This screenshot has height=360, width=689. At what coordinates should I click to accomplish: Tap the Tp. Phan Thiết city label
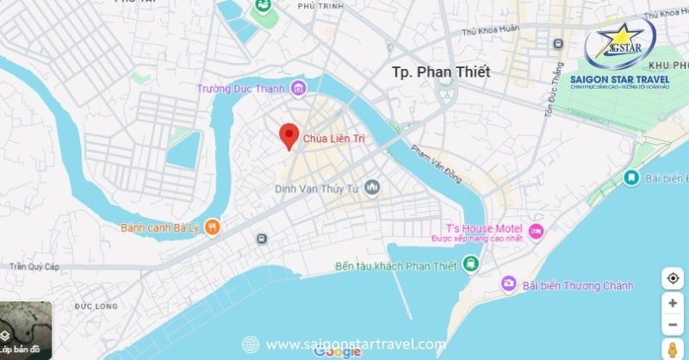(x=440, y=72)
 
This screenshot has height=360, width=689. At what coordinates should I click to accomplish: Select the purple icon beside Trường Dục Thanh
(x=298, y=88)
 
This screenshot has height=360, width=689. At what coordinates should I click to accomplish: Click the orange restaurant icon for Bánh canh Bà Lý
(x=213, y=227)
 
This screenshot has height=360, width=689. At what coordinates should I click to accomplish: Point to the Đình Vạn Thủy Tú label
(x=316, y=188)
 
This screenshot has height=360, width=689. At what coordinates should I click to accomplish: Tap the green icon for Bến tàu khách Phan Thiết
(x=471, y=263)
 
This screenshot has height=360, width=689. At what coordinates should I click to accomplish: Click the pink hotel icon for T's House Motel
(x=536, y=231)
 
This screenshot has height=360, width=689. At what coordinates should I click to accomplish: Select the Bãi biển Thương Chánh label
(x=578, y=285)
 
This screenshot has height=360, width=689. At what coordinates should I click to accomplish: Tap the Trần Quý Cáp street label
(x=34, y=267)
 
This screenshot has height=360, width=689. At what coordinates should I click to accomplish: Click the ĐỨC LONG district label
(x=95, y=306)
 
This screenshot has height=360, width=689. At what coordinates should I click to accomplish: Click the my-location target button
(x=672, y=278)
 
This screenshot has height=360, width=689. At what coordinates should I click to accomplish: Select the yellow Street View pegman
(x=672, y=349)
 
